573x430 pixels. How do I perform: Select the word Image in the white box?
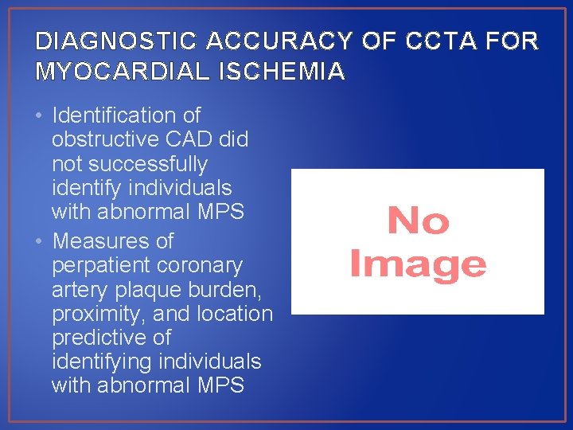click(418, 264)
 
